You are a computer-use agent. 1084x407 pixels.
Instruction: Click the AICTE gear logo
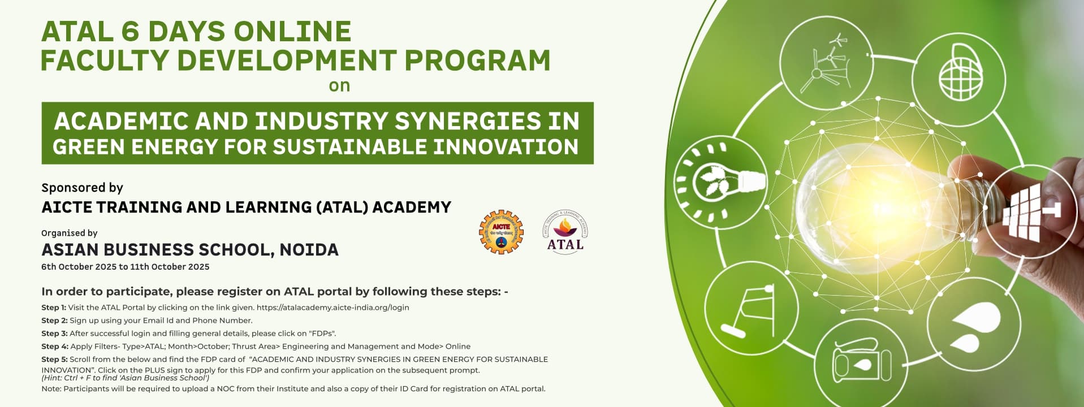click(501, 232)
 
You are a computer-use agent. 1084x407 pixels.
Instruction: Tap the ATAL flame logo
click(565, 231)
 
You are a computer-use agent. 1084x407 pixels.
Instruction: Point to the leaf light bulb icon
click(719, 181)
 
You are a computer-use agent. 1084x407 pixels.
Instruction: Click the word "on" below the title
click(340, 86)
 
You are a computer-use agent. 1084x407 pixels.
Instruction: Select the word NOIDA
click(309, 249)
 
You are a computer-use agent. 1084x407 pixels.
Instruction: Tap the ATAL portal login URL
click(332, 308)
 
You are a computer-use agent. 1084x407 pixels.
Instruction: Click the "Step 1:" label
click(54, 308)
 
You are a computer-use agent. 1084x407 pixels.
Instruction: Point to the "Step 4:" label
click(54, 347)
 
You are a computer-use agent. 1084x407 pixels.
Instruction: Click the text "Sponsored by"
click(82, 188)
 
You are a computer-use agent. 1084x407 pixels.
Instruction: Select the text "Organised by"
click(70, 233)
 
